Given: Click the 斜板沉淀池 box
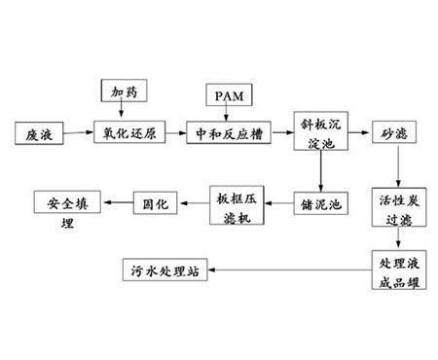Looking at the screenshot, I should (320, 131).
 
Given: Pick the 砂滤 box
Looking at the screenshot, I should (392, 132).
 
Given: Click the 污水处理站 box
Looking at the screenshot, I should (165, 270).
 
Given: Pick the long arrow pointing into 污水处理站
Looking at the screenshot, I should (292, 270).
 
